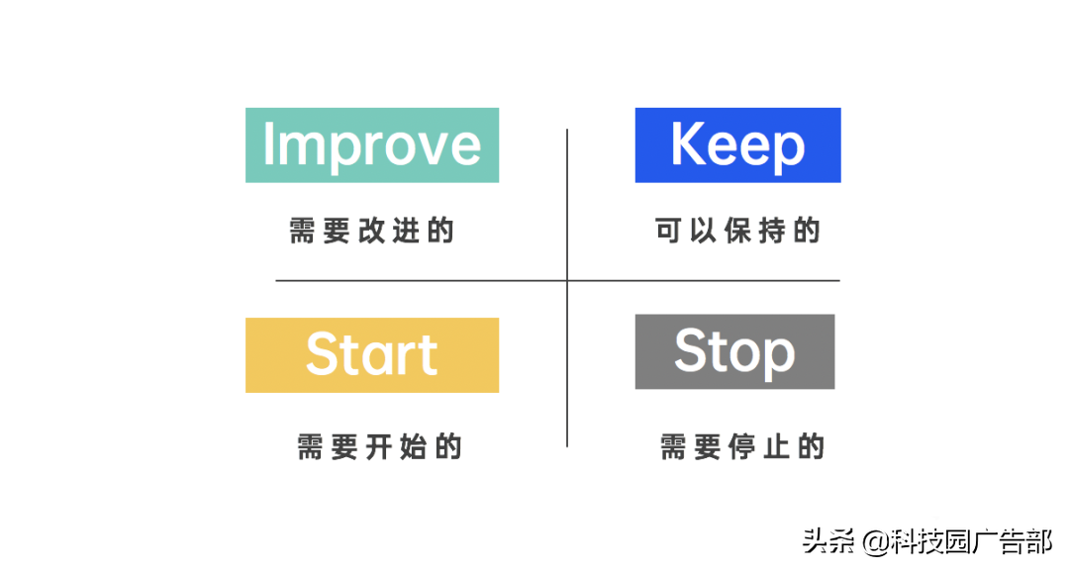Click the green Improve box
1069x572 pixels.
371,145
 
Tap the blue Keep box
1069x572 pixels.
737,145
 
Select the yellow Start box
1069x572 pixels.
371,355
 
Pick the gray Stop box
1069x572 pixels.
734,351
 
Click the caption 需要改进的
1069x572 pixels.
371,231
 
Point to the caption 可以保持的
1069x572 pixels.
738,231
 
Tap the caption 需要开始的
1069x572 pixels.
379,446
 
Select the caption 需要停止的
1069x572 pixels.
742,446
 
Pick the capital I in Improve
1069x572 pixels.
268,145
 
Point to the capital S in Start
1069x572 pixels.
324,354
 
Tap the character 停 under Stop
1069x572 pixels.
742,446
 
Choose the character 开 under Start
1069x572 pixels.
380,446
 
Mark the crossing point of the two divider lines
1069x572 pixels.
567,281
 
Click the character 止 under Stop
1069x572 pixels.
776,446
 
